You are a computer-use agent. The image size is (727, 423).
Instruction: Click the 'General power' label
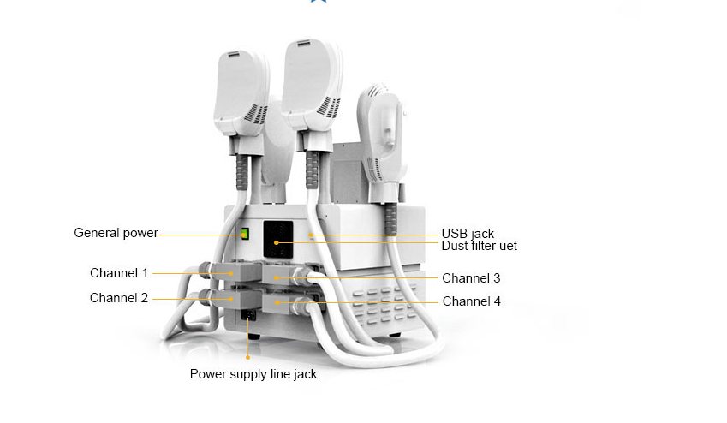coord(116,233)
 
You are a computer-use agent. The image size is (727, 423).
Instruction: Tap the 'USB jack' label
coord(468,234)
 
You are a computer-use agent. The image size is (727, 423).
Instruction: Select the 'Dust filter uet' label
coord(479,246)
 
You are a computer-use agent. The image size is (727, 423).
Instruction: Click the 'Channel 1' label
coord(119,273)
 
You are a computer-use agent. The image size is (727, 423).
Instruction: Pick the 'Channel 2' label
coord(119,298)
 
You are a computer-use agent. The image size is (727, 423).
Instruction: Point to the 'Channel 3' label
coord(471,278)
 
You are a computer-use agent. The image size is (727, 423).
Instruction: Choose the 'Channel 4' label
coord(472,301)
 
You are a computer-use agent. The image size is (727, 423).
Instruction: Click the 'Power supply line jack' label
coord(253,374)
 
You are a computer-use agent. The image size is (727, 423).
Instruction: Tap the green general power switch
coord(244,234)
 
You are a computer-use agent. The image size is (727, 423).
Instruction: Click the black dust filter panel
coord(278,240)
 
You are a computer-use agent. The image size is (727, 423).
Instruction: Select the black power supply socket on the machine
coord(248,315)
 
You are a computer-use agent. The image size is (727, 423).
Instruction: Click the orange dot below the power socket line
coord(247,357)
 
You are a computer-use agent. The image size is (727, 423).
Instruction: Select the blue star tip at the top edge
coord(318,1)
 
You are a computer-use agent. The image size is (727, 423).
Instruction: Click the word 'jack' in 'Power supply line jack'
coord(305,375)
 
